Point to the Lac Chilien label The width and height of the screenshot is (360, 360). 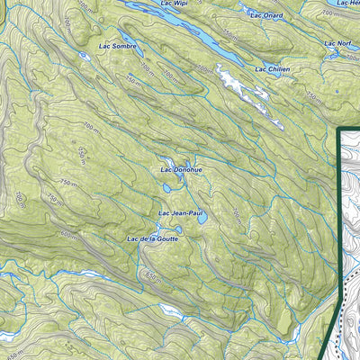coord(272,68)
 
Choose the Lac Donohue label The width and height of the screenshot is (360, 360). coord(180,168)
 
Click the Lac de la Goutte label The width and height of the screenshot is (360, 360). coord(154,238)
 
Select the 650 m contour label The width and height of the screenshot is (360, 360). coord(152,275)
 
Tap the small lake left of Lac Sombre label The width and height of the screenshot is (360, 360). coord(84,55)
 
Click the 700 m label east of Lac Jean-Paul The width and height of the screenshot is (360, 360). coord(236,215)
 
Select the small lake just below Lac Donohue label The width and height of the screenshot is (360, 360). coord(169,188)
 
